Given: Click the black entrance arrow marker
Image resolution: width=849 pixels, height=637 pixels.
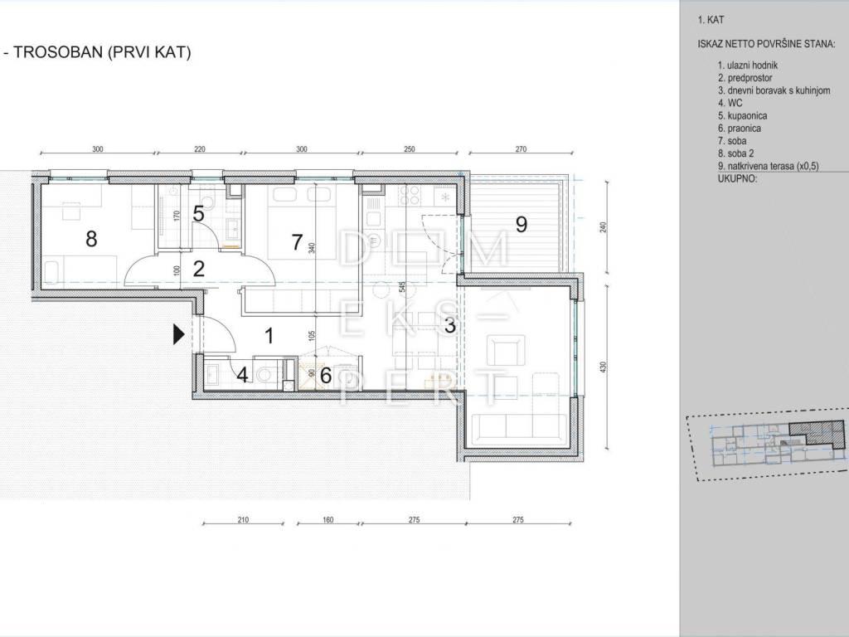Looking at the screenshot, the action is [x=179, y=335].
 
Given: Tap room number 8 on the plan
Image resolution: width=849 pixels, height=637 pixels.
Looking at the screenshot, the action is [x=91, y=238].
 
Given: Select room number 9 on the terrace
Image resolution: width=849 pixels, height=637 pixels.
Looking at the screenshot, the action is [x=521, y=224].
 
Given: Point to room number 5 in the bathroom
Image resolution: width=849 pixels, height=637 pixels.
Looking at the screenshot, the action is [x=198, y=214].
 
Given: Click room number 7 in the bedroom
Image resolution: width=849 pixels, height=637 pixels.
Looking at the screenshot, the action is [x=297, y=242].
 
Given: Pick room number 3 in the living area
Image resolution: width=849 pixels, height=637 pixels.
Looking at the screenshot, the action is [x=449, y=325].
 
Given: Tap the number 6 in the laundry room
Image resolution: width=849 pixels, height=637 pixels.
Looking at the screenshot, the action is [x=325, y=375].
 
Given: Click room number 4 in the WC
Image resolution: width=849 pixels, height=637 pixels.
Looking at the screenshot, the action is [x=242, y=375].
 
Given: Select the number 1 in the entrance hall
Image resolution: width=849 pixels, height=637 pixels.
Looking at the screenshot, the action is [x=269, y=336].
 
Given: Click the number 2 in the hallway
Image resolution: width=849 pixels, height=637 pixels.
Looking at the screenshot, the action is [x=199, y=269].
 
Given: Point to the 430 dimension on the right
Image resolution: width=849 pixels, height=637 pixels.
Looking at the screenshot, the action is [x=604, y=367].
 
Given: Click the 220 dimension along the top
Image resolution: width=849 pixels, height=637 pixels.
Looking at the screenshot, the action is [x=199, y=149].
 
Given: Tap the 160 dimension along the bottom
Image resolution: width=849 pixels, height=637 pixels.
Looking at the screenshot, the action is [x=327, y=520].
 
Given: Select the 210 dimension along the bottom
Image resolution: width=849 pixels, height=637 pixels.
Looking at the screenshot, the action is [x=243, y=520].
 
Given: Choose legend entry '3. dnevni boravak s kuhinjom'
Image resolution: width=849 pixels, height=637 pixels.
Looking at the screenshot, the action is [x=774, y=90].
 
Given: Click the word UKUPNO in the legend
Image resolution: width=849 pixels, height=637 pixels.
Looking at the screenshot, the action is [x=737, y=179].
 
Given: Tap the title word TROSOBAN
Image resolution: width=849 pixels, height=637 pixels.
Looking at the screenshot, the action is [x=58, y=52].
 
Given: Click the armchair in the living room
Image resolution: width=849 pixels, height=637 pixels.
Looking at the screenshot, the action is [x=507, y=350].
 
